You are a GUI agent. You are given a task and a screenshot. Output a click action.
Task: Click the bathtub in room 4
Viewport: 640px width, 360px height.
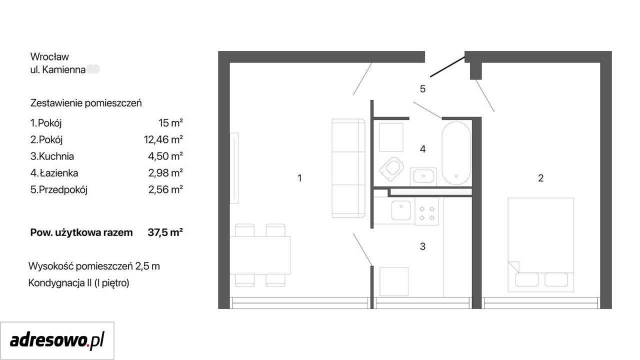point(456,153)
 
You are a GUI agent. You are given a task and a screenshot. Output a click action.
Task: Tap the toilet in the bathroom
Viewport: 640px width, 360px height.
point(391,169)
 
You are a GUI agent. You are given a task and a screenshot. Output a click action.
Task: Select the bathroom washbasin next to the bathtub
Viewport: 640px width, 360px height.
point(423,176)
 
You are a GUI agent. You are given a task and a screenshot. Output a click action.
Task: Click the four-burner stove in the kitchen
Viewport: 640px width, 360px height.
point(427,213)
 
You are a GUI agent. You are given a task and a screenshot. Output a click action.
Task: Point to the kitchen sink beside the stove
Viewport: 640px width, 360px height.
point(401,210)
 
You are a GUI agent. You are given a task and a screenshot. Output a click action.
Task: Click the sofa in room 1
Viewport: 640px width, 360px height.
point(348,168)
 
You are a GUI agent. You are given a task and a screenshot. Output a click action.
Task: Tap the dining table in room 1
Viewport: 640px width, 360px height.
point(260,255)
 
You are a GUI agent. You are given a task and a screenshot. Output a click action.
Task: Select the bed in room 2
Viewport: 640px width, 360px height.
point(540,245)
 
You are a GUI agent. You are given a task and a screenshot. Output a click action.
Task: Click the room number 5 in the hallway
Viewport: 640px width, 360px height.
point(422,89)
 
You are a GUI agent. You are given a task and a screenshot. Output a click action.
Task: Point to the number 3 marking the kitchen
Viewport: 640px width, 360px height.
point(422,246)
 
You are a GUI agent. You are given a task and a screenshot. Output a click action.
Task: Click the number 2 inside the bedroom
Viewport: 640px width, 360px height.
point(540,178)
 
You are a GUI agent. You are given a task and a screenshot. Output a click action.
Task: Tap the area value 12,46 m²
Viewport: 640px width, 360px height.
point(163,139)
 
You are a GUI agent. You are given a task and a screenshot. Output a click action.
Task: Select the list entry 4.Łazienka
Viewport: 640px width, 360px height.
point(54,173)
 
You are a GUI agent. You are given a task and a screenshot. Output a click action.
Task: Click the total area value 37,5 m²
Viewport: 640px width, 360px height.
point(165,232)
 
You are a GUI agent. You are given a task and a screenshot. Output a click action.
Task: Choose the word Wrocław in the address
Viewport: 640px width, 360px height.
point(49,56)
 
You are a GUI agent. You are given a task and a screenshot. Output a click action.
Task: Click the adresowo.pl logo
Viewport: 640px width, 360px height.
point(57,340)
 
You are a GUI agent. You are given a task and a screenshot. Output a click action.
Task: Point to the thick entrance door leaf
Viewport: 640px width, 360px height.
point(447,67)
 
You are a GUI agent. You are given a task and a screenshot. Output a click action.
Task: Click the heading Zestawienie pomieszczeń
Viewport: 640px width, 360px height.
point(86,103)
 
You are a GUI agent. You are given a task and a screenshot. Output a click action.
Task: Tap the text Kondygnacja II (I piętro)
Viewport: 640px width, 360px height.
point(79,283)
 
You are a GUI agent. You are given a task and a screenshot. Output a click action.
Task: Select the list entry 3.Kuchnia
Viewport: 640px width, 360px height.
point(52,156)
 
